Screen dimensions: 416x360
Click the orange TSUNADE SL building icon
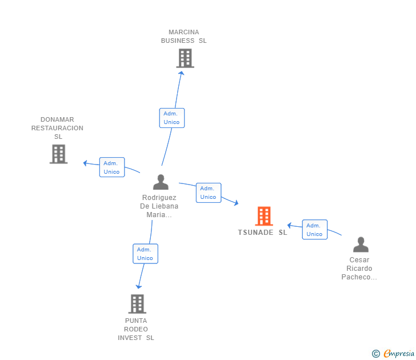click(x=263, y=217)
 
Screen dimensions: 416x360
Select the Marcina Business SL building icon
click(x=185, y=58)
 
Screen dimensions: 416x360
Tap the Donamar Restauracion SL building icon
click(x=58, y=154)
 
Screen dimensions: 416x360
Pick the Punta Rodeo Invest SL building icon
click(x=137, y=304)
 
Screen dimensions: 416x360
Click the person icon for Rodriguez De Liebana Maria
click(x=161, y=182)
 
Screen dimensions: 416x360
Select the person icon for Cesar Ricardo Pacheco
click(x=361, y=245)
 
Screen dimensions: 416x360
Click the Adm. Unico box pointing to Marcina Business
click(x=171, y=118)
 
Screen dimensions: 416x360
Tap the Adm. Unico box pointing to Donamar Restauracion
click(x=112, y=167)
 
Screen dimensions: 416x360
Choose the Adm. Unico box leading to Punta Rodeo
click(x=145, y=254)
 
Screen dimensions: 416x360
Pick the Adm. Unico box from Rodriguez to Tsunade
click(x=208, y=193)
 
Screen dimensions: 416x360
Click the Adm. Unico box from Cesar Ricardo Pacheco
click(x=314, y=230)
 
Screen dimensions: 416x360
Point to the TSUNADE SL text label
click(x=263, y=233)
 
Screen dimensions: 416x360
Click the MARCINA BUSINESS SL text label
click(x=184, y=37)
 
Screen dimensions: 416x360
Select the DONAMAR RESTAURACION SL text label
click(x=57, y=128)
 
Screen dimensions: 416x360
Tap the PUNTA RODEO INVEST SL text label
click(x=136, y=329)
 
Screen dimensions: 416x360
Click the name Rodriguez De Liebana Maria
click(x=160, y=206)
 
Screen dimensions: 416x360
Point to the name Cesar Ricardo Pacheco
click(x=359, y=269)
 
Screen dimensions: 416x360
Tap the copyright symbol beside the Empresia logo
click(x=375, y=354)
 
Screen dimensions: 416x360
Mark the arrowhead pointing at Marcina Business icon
click(x=181, y=74)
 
